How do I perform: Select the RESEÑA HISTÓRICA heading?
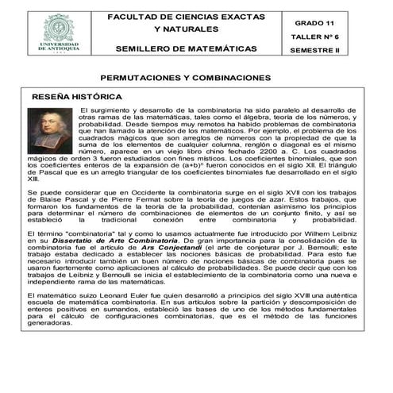click(x=76, y=96)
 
